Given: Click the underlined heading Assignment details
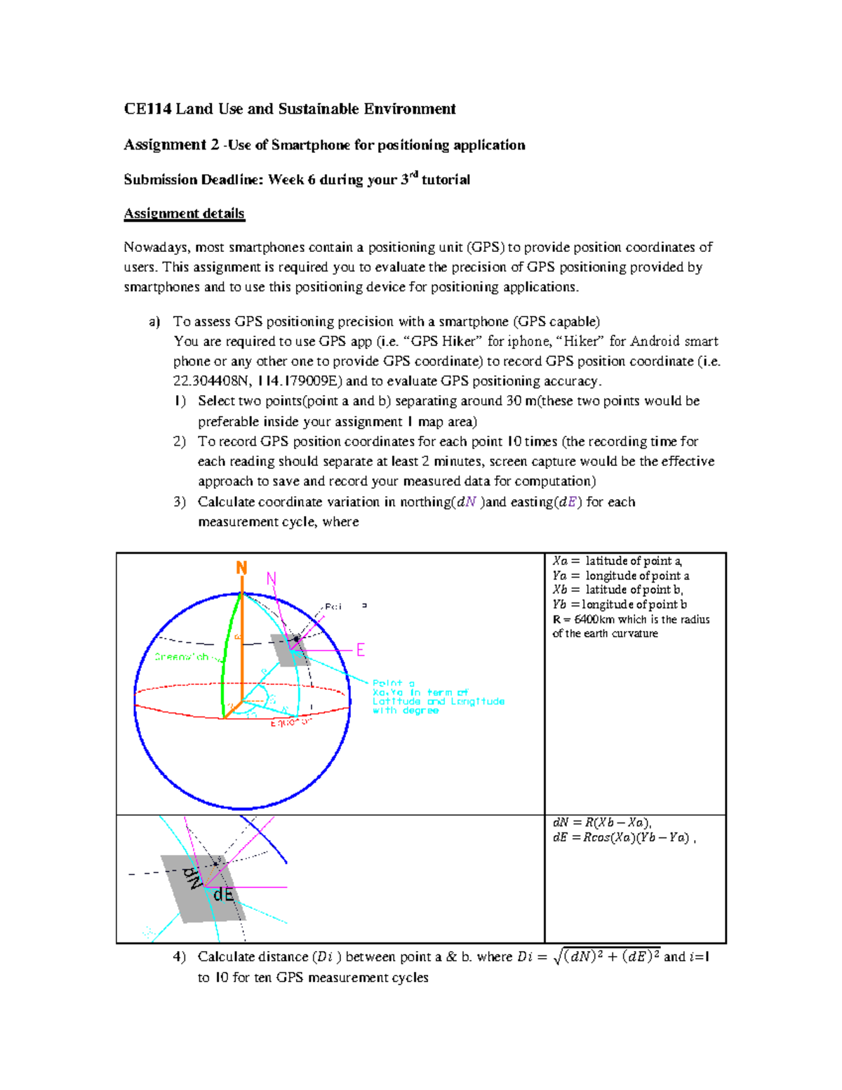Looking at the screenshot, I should [x=184, y=213].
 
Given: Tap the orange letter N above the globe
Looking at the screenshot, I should [x=241, y=568].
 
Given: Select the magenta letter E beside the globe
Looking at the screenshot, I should [x=361, y=650].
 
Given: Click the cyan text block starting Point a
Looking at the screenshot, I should [x=437, y=696].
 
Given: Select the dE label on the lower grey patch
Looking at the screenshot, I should [x=223, y=895].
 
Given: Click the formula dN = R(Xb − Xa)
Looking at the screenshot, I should [x=602, y=823].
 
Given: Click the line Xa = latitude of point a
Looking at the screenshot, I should [x=617, y=561].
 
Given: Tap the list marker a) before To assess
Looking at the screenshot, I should [x=154, y=321].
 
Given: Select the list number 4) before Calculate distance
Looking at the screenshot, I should [x=179, y=957].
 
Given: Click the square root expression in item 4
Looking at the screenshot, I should [x=606, y=956].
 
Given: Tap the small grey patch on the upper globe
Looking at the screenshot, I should [x=290, y=651].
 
